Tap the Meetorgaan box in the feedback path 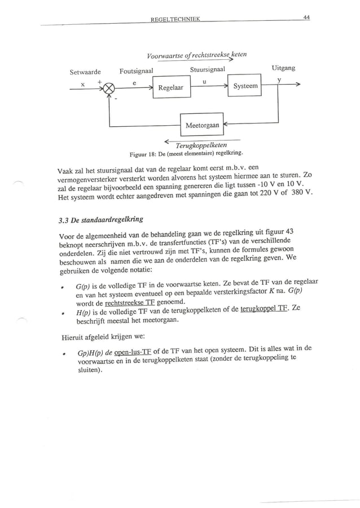tap(201, 124)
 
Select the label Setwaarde tap(85, 72)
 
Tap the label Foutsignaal tap(137, 71)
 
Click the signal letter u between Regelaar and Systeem tap(204, 81)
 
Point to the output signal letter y tap(279, 80)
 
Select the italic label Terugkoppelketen tap(200, 144)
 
